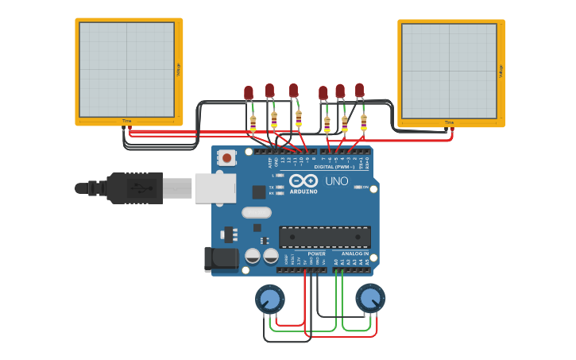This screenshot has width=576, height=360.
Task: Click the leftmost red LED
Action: tap(249, 93)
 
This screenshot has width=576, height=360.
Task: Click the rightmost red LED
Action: tap(360, 90)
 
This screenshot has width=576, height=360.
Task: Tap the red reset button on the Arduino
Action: tap(227, 158)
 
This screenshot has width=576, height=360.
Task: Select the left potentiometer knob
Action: tap(270, 300)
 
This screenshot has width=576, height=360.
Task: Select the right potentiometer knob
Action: tap(370, 299)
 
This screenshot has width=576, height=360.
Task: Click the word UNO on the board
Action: tap(337, 181)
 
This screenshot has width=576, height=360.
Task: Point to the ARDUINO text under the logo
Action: tap(303, 192)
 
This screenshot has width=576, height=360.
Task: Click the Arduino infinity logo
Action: tap(303, 181)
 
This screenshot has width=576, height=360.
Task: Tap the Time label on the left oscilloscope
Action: tap(127, 121)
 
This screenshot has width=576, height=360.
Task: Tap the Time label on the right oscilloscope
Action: tap(450, 122)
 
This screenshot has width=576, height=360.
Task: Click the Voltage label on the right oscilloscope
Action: tap(501, 71)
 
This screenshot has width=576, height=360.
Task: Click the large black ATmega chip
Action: tap(324, 237)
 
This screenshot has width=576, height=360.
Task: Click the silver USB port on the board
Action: tap(215, 188)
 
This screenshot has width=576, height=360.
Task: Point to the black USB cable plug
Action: tap(136, 188)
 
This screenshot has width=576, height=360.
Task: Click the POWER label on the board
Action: tap(316, 254)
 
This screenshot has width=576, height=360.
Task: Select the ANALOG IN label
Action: tap(355, 254)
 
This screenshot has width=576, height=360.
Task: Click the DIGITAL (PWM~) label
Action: tap(334, 167)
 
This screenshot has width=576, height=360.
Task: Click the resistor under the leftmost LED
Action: tap(253, 124)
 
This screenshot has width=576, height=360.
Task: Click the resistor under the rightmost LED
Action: tap(364, 122)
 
